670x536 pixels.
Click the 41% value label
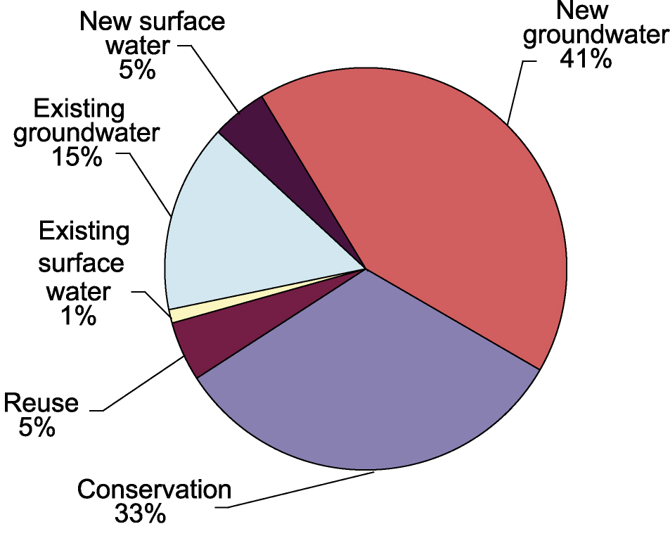[586, 59]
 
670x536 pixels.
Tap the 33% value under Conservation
[140, 513]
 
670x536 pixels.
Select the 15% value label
[77, 156]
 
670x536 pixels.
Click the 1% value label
[79, 317]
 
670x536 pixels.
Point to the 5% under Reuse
[37, 426]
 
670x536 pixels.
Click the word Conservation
[154, 489]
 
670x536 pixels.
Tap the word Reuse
[41, 402]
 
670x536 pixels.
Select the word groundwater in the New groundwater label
[596, 35]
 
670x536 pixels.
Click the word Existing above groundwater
[79, 108]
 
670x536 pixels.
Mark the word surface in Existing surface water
[81, 262]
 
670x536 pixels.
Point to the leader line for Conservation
[295, 490]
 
